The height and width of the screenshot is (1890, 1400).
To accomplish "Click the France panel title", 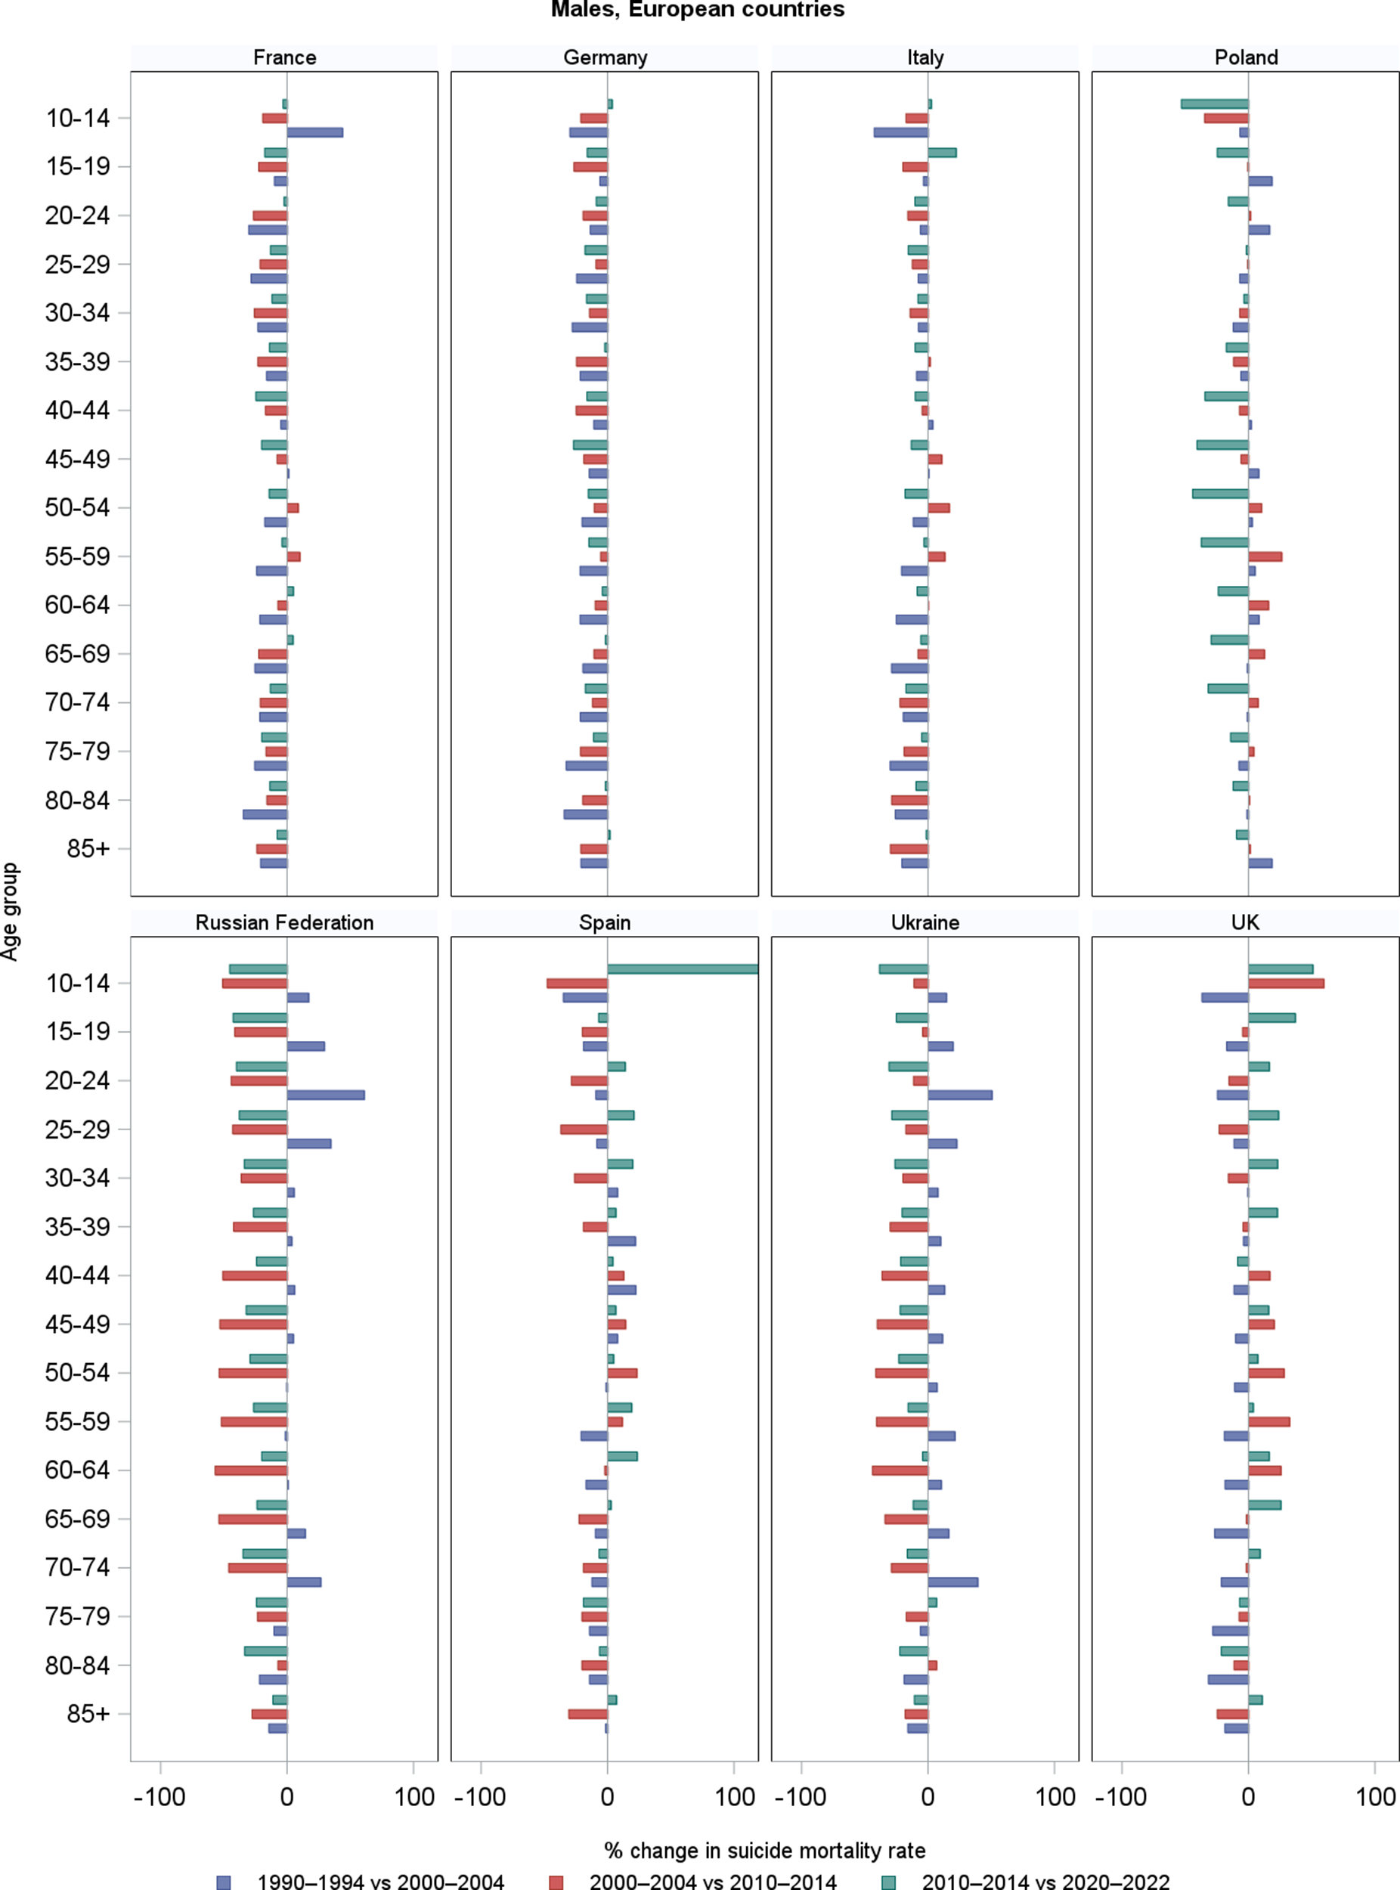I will (x=284, y=57).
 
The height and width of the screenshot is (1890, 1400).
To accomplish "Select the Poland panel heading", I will (x=1245, y=57).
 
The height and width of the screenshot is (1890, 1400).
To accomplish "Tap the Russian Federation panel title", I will (x=284, y=922).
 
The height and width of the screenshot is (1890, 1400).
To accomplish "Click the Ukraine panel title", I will (x=925, y=922).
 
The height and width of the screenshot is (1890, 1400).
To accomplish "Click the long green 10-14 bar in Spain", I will (x=682, y=968).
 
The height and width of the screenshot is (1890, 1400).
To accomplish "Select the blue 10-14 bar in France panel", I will (x=314, y=132).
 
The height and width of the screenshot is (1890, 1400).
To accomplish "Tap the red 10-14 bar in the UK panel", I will (x=1286, y=983).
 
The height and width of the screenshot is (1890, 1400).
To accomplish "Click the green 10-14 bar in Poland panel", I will (x=1214, y=104).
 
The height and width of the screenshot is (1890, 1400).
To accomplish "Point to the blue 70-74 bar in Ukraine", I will (x=952, y=1582).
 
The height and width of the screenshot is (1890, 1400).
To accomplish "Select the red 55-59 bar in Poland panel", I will (x=1265, y=557).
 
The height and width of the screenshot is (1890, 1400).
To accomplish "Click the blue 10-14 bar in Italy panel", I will (x=901, y=132).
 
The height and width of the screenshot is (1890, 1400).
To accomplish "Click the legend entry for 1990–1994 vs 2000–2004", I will (x=380, y=1881).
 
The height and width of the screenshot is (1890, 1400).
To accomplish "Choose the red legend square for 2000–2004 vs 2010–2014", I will (x=556, y=1882).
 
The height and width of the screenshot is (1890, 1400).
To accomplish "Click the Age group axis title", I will (x=10, y=911).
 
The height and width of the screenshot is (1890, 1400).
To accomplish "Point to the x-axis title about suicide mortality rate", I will (x=764, y=1850).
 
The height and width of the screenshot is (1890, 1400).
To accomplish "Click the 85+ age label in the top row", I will (x=88, y=848).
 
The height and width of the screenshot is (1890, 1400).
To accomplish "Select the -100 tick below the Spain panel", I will (x=481, y=1797).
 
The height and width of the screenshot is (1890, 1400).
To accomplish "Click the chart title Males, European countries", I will (x=698, y=10).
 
